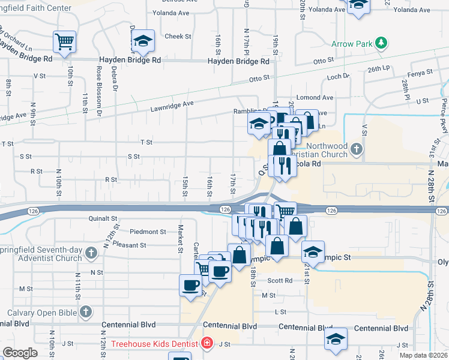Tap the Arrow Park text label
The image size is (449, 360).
[x=352, y=43]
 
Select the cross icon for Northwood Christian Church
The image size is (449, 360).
[x=357, y=148]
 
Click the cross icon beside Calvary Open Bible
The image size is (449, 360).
[x=86, y=312]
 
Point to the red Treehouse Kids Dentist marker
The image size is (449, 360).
[x=208, y=343]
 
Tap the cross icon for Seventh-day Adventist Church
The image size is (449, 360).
[x=91, y=253]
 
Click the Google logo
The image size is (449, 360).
[x=20, y=353]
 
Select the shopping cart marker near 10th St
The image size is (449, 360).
[x=64, y=41]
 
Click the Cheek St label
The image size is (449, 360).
[x=178, y=37]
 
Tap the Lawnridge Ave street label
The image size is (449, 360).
[x=172, y=103]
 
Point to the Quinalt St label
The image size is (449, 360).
[x=103, y=219]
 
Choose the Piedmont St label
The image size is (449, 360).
[x=148, y=232]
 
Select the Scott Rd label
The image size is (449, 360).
[x=280, y=280]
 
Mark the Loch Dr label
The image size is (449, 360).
[x=338, y=76]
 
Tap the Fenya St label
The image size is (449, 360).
[x=421, y=72]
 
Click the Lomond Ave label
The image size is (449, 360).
[x=319, y=97]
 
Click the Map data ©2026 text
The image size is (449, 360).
[x=423, y=355]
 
